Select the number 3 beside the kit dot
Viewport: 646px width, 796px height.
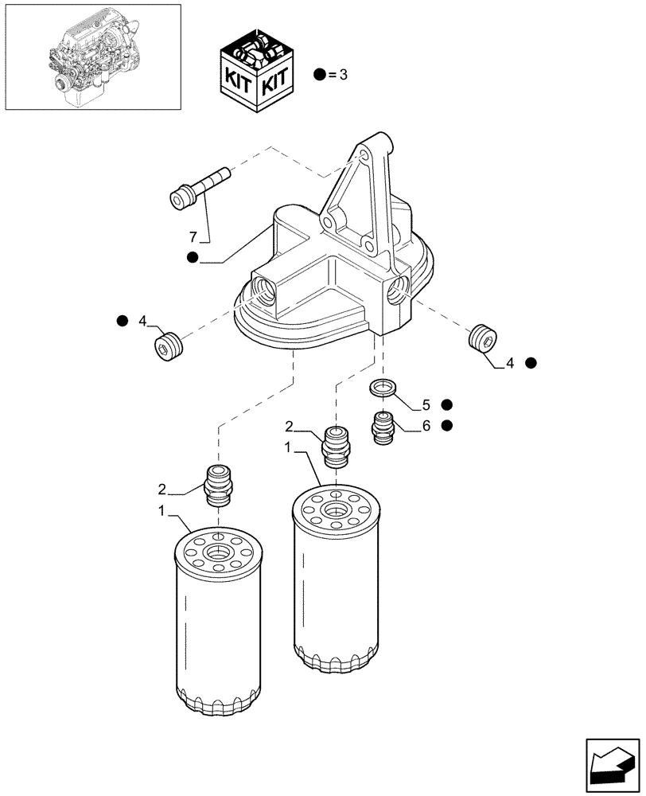coord(343,76)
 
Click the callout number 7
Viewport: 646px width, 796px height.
coord(193,237)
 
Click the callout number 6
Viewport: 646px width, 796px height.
coord(426,426)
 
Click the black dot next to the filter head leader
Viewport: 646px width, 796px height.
coord(192,257)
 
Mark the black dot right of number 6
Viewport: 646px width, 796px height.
coord(447,426)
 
